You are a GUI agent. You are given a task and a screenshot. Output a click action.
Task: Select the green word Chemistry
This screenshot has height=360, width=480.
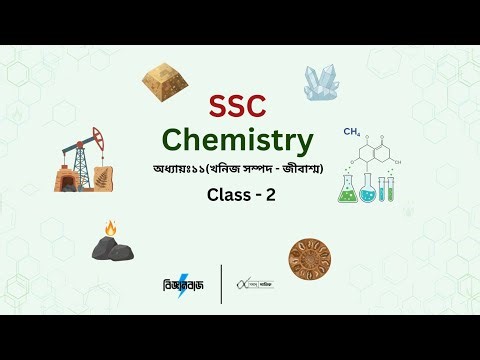tap(239, 139)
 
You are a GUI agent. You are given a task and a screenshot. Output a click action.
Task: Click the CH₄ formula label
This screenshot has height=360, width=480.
tap(351, 132)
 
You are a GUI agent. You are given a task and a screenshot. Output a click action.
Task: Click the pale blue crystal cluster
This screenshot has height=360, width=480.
tap(323, 81)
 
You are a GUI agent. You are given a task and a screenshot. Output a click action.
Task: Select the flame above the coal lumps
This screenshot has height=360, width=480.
tap(110, 229)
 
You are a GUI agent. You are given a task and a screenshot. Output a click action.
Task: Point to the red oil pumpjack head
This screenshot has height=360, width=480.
tap(96, 136)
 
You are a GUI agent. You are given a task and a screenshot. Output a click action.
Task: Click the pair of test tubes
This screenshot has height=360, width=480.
tap(386, 187)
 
